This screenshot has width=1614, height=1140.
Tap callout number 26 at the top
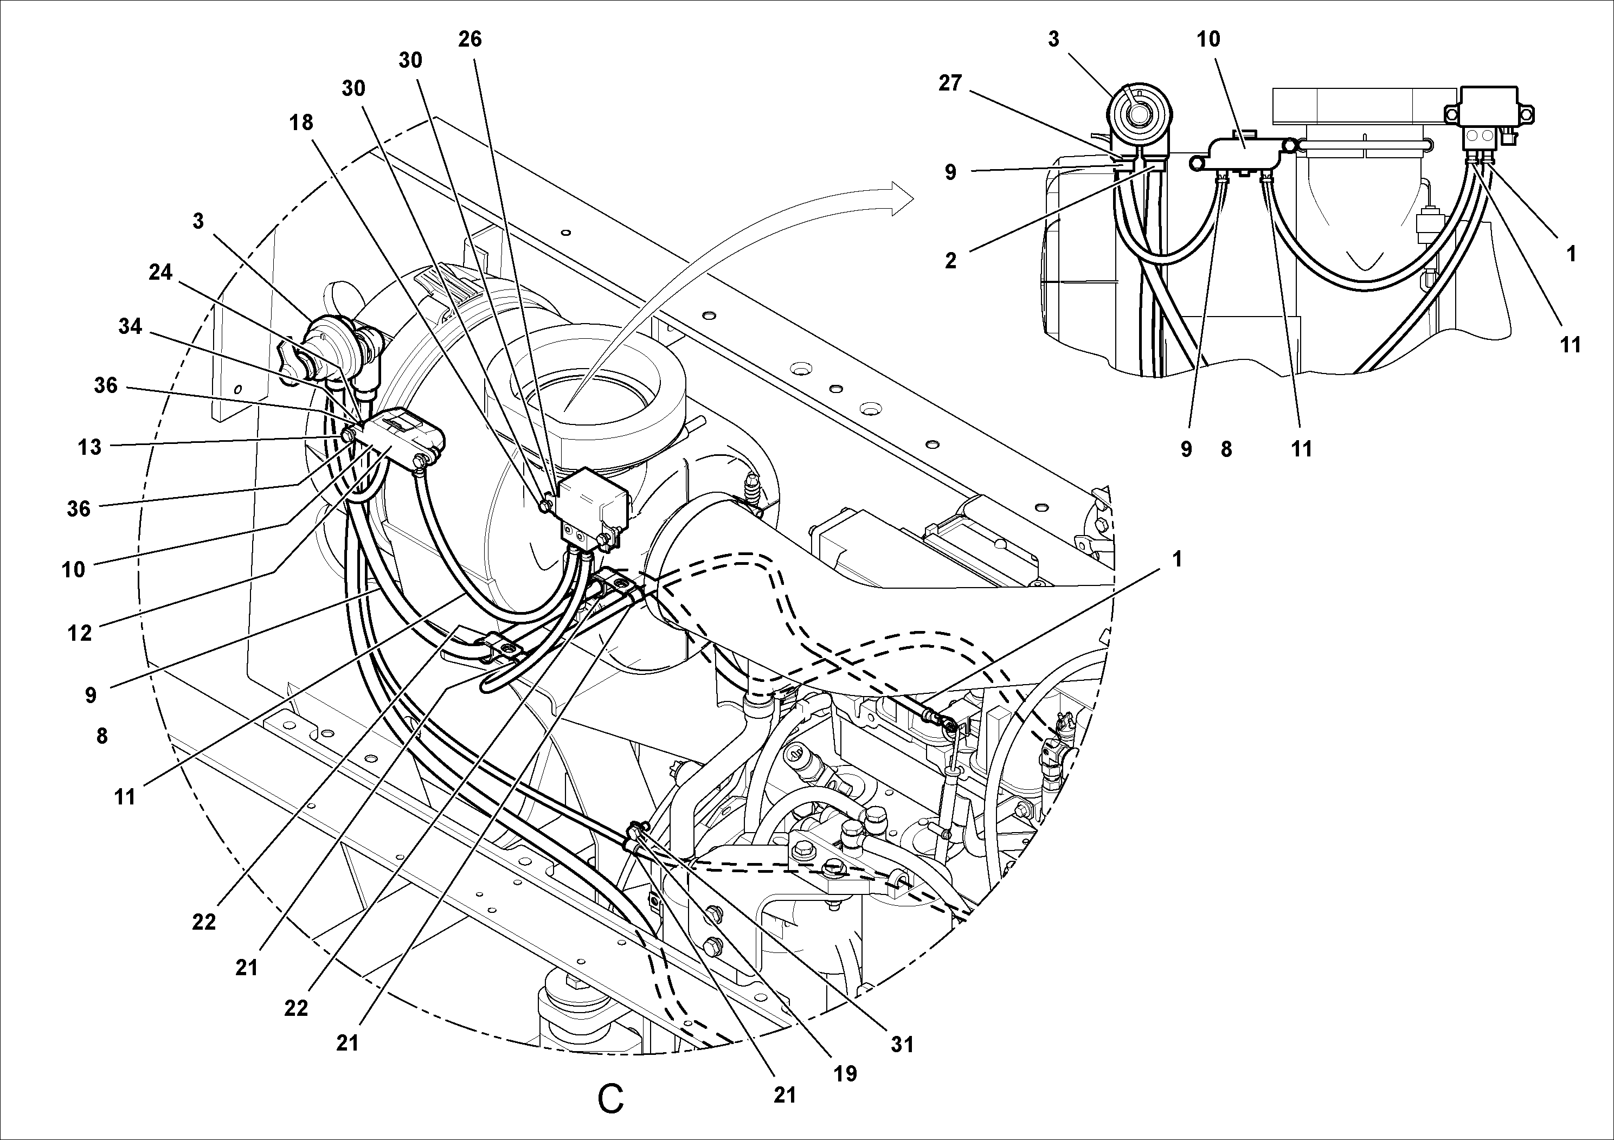tap(470, 40)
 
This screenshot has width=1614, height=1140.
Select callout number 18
tap(301, 123)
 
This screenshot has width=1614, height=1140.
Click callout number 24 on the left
tap(160, 272)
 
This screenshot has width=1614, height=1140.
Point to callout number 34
tap(130, 326)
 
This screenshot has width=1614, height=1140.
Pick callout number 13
tap(89, 447)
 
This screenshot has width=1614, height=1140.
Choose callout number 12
tap(80, 633)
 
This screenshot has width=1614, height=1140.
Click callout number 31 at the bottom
tap(902, 1045)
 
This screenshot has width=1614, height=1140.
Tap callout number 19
tap(845, 1073)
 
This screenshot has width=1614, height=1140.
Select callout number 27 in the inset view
tap(950, 83)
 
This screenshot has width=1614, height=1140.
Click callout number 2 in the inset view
tap(950, 261)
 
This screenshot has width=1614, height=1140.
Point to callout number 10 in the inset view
tap(1208, 40)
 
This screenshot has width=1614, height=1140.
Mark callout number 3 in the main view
tap(198, 221)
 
